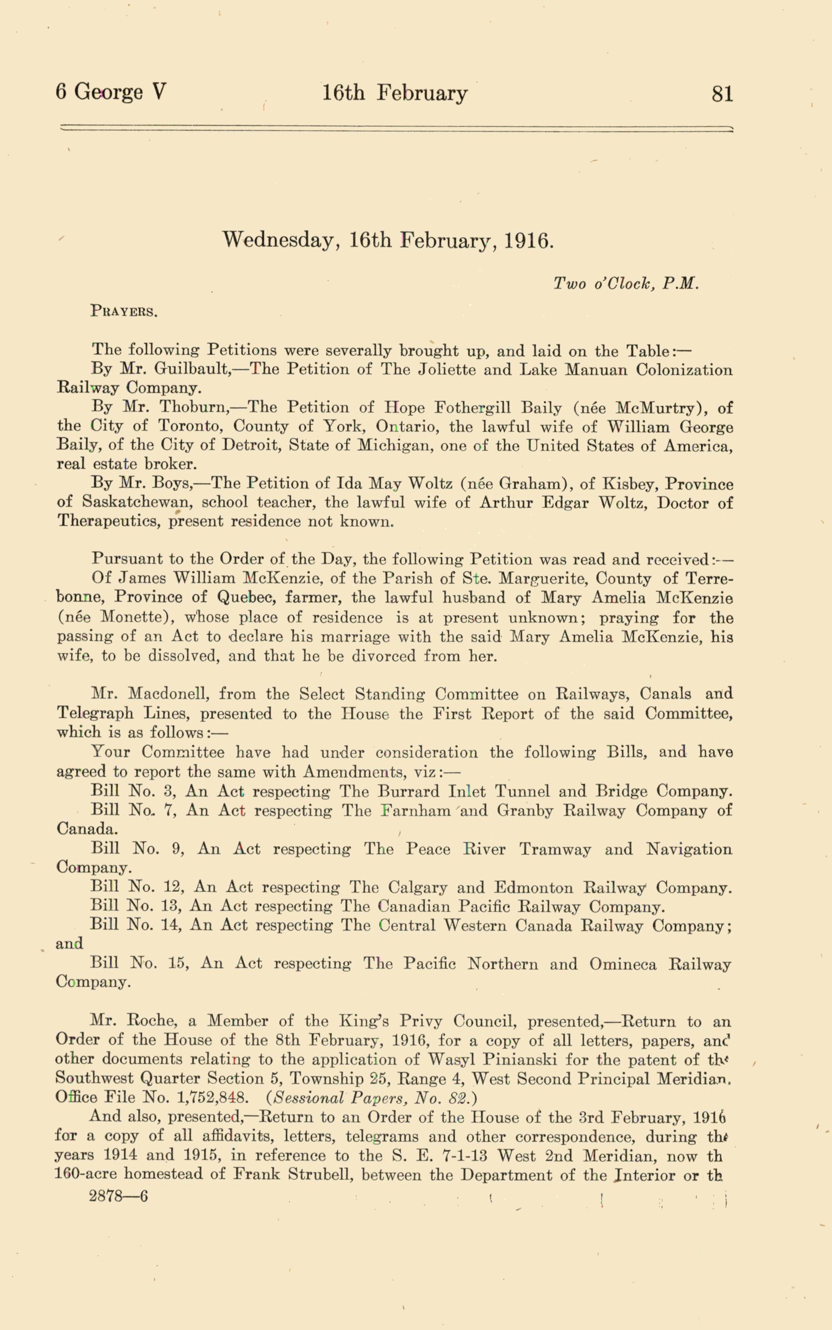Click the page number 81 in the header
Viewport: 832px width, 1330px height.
click(x=722, y=94)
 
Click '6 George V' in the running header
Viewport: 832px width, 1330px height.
click(x=110, y=91)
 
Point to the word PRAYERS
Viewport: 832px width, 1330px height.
click(x=125, y=311)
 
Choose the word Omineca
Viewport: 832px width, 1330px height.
click(x=623, y=964)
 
